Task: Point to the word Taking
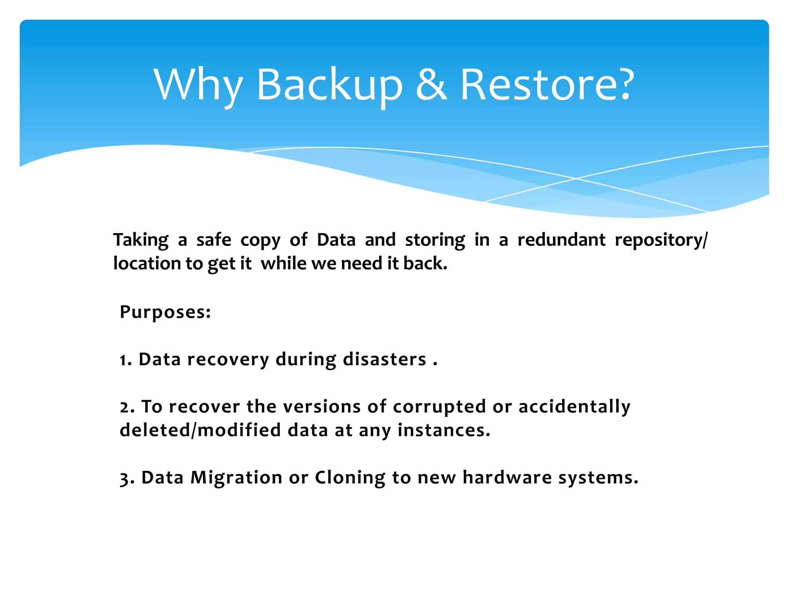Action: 141,240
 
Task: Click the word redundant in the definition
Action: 561,240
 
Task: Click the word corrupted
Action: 439,407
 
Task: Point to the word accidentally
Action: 574,407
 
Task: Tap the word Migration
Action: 236,478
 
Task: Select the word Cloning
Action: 350,478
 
